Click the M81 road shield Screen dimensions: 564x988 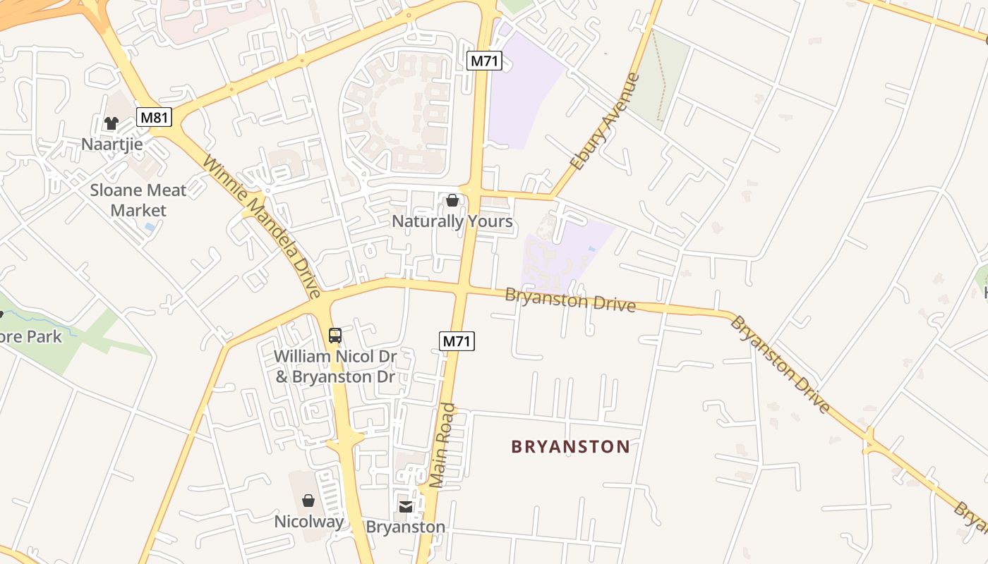coord(154,117)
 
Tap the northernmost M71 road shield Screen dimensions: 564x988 coord(484,61)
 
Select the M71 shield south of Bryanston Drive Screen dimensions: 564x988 coord(457,341)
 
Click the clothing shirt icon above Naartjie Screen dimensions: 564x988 coord(112,123)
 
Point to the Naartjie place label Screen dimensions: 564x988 coord(112,145)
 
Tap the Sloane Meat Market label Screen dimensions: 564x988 coord(138,200)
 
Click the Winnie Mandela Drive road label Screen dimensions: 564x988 coord(262,226)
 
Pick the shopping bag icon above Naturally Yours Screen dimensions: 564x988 coord(452,201)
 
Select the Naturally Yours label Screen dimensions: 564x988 coord(452,221)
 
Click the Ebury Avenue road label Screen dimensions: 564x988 coord(605,122)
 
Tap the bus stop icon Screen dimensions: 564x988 coord(335,336)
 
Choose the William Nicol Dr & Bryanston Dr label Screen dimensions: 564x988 coord(335,367)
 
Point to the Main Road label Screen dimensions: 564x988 coord(443,446)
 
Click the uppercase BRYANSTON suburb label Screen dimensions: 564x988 coord(570,447)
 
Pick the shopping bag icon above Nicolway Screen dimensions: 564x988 coord(308,501)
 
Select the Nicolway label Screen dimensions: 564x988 coord(309,522)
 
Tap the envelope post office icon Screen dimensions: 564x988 coord(406,506)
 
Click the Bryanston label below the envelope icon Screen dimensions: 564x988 coord(406,527)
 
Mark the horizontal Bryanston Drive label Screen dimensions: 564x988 coord(570,300)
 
